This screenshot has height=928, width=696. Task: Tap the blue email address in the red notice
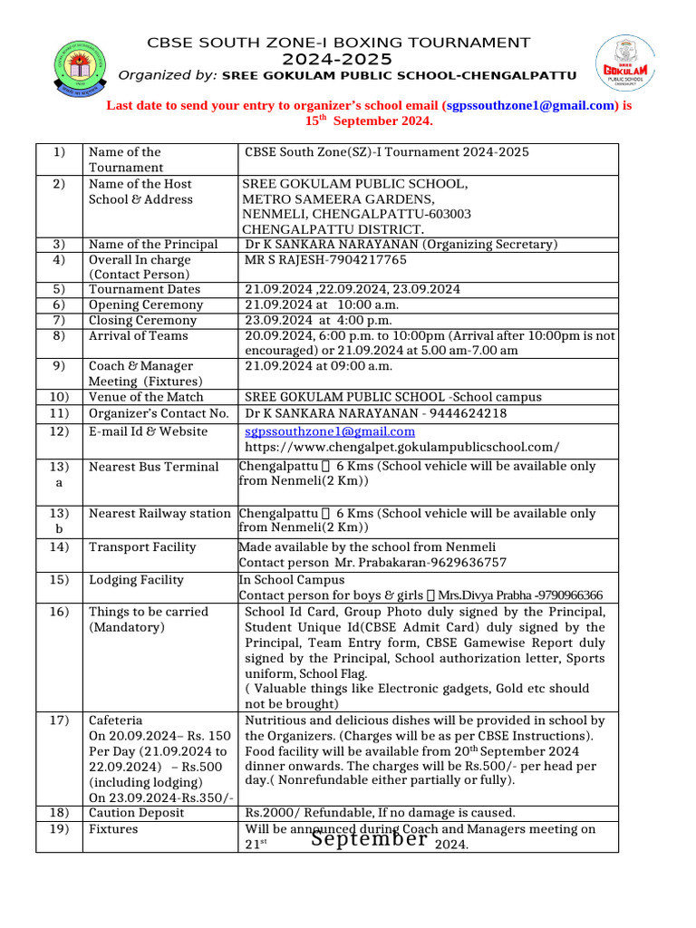pos(530,105)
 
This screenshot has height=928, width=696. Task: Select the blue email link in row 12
pos(330,431)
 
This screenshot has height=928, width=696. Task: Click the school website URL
pos(402,447)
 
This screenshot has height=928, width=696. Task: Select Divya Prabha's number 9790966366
pos(569,595)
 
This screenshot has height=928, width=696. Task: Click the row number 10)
pos(59,397)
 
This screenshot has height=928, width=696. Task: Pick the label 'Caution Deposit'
pos(136,813)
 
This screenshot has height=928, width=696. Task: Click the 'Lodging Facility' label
pos(136,580)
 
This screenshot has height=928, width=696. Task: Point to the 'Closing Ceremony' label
pos(142,320)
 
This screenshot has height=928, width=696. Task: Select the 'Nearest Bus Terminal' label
pos(153,467)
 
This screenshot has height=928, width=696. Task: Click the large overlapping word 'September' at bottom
pos(369,839)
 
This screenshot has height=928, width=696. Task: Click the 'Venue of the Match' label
pos(146,397)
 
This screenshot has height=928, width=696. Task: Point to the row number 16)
pos(59,612)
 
